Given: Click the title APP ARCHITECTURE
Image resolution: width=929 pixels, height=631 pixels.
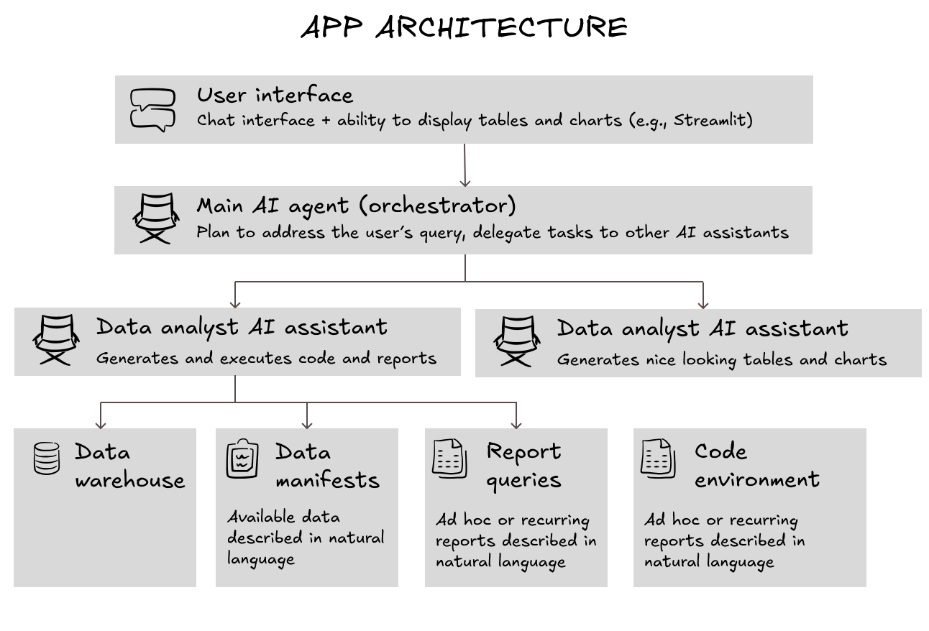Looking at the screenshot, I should pos(464,27).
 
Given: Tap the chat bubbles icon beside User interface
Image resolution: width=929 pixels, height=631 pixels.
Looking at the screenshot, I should pos(152,109).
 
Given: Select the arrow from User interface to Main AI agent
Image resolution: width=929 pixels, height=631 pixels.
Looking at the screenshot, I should pos(464,165).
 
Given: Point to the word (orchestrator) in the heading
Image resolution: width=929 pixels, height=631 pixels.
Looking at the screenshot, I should pos(438,206).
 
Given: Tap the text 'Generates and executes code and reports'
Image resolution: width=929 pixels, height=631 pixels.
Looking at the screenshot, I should pos(266,358).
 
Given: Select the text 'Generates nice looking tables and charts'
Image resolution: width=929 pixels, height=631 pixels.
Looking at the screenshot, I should pos(721,359).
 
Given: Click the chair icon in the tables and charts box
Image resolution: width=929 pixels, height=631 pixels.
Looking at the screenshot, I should pos(516,341).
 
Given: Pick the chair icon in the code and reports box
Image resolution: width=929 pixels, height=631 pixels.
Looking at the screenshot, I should pos(55,340).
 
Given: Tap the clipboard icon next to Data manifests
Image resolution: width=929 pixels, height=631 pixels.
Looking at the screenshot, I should pos(242,459).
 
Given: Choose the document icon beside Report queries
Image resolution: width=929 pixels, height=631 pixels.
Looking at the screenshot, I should pos(449,459).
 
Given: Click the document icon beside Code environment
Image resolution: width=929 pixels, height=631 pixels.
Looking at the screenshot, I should pos(658,459).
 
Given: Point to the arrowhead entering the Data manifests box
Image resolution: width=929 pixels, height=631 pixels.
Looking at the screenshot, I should pos(307,424).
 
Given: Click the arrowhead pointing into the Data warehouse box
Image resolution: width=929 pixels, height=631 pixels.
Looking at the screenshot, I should pos(101,424).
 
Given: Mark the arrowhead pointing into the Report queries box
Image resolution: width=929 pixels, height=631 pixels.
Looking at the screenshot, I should pos(516,424).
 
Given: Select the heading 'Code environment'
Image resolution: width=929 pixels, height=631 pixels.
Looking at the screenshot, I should pos(756,465).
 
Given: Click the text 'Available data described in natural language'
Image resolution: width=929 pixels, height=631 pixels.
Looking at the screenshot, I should pos(306,538).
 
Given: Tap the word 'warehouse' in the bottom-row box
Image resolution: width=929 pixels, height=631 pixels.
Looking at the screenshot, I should pos(129,479).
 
